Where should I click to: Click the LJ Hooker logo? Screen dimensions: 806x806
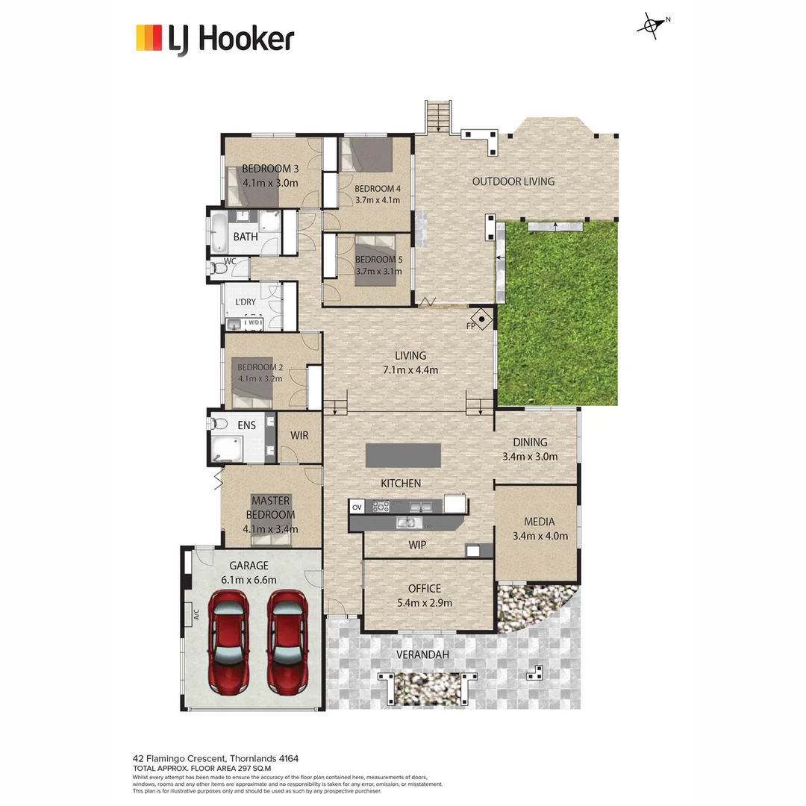pos(215,38)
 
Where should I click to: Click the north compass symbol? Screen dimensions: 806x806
pos(651,26)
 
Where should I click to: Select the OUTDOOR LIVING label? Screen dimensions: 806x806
pos(513,181)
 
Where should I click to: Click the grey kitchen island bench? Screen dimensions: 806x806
pos(403,455)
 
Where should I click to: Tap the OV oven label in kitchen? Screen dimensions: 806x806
pos(357,507)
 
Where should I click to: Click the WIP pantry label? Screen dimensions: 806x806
pos(417,546)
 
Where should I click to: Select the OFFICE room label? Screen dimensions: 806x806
pos(425,589)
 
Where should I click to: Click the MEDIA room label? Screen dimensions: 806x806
pos(540,522)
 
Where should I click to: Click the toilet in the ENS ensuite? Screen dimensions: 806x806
pos(219,424)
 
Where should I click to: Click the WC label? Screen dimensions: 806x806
pos(231,261)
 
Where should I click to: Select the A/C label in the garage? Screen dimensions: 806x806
pos(196,615)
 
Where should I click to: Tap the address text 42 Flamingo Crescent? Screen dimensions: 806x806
pos(216,758)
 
